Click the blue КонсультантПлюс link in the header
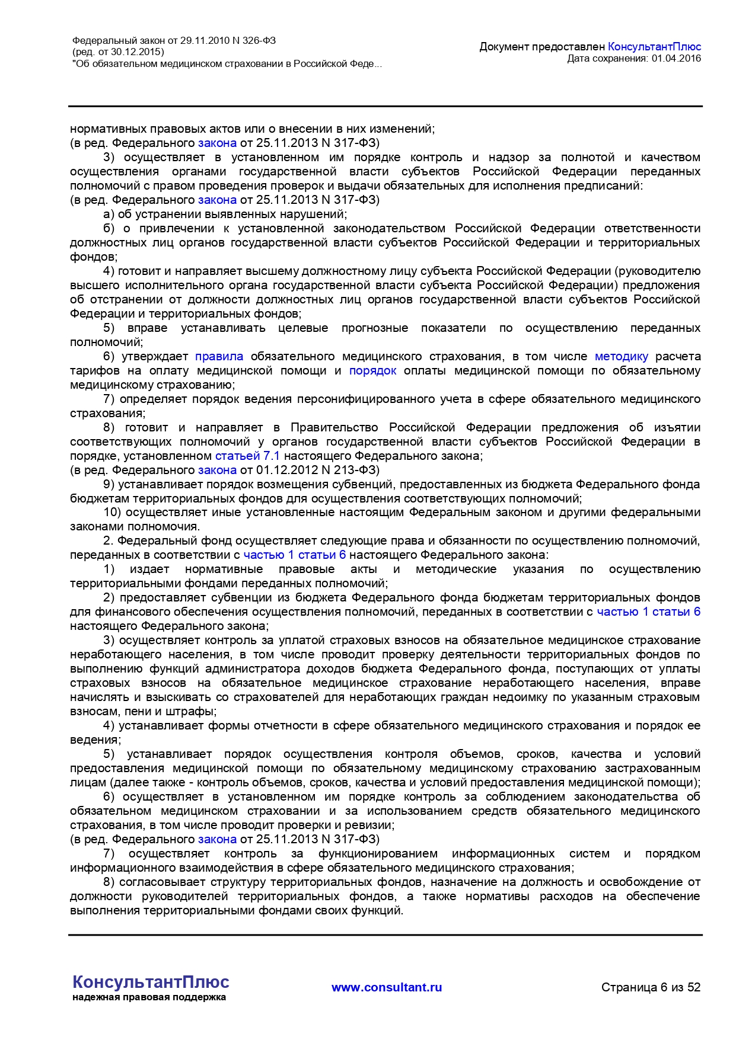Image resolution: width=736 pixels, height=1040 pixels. (654, 47)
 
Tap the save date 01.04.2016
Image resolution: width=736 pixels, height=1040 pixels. (676, 58)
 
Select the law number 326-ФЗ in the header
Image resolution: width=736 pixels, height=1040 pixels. (259, 41)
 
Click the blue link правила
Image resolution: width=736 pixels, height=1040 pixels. (219, 356)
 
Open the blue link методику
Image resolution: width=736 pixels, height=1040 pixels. (621, 356)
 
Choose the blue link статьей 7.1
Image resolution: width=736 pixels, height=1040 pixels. (247, 456)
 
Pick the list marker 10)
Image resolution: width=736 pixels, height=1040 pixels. (112, 512)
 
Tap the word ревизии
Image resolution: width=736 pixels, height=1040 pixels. (373, 825)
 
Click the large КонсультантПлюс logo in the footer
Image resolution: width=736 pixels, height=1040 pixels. (151, 982)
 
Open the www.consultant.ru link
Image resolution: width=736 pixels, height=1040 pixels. (387, 987)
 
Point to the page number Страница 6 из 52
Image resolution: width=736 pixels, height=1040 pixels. (651, 987)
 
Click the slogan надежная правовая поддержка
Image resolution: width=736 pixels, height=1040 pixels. (149, 997)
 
